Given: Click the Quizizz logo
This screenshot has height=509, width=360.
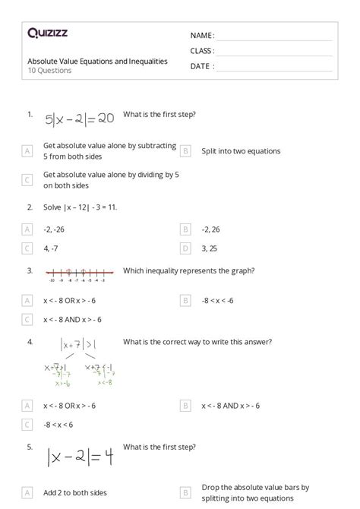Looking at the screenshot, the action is (47, 33).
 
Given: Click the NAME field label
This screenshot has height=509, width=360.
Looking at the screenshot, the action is (202, 36).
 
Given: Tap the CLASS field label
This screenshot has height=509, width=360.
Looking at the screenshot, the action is (202, 51).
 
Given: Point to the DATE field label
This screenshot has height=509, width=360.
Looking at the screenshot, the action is (201, 66).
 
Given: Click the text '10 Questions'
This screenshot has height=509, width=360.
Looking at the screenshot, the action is (50, 71).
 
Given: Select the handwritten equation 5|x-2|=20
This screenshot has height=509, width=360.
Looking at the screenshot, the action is (79, 119).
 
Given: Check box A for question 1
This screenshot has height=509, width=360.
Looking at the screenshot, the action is (27, 150).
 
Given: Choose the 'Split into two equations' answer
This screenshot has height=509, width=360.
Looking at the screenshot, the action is (241, 150).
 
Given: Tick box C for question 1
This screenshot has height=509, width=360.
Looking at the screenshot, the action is (27, 180).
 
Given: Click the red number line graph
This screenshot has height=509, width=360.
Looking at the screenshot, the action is (79, 273).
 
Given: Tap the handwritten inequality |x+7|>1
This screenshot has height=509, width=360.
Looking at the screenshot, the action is (78, 346).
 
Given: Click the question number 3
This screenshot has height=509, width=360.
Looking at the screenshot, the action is (30, 270).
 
